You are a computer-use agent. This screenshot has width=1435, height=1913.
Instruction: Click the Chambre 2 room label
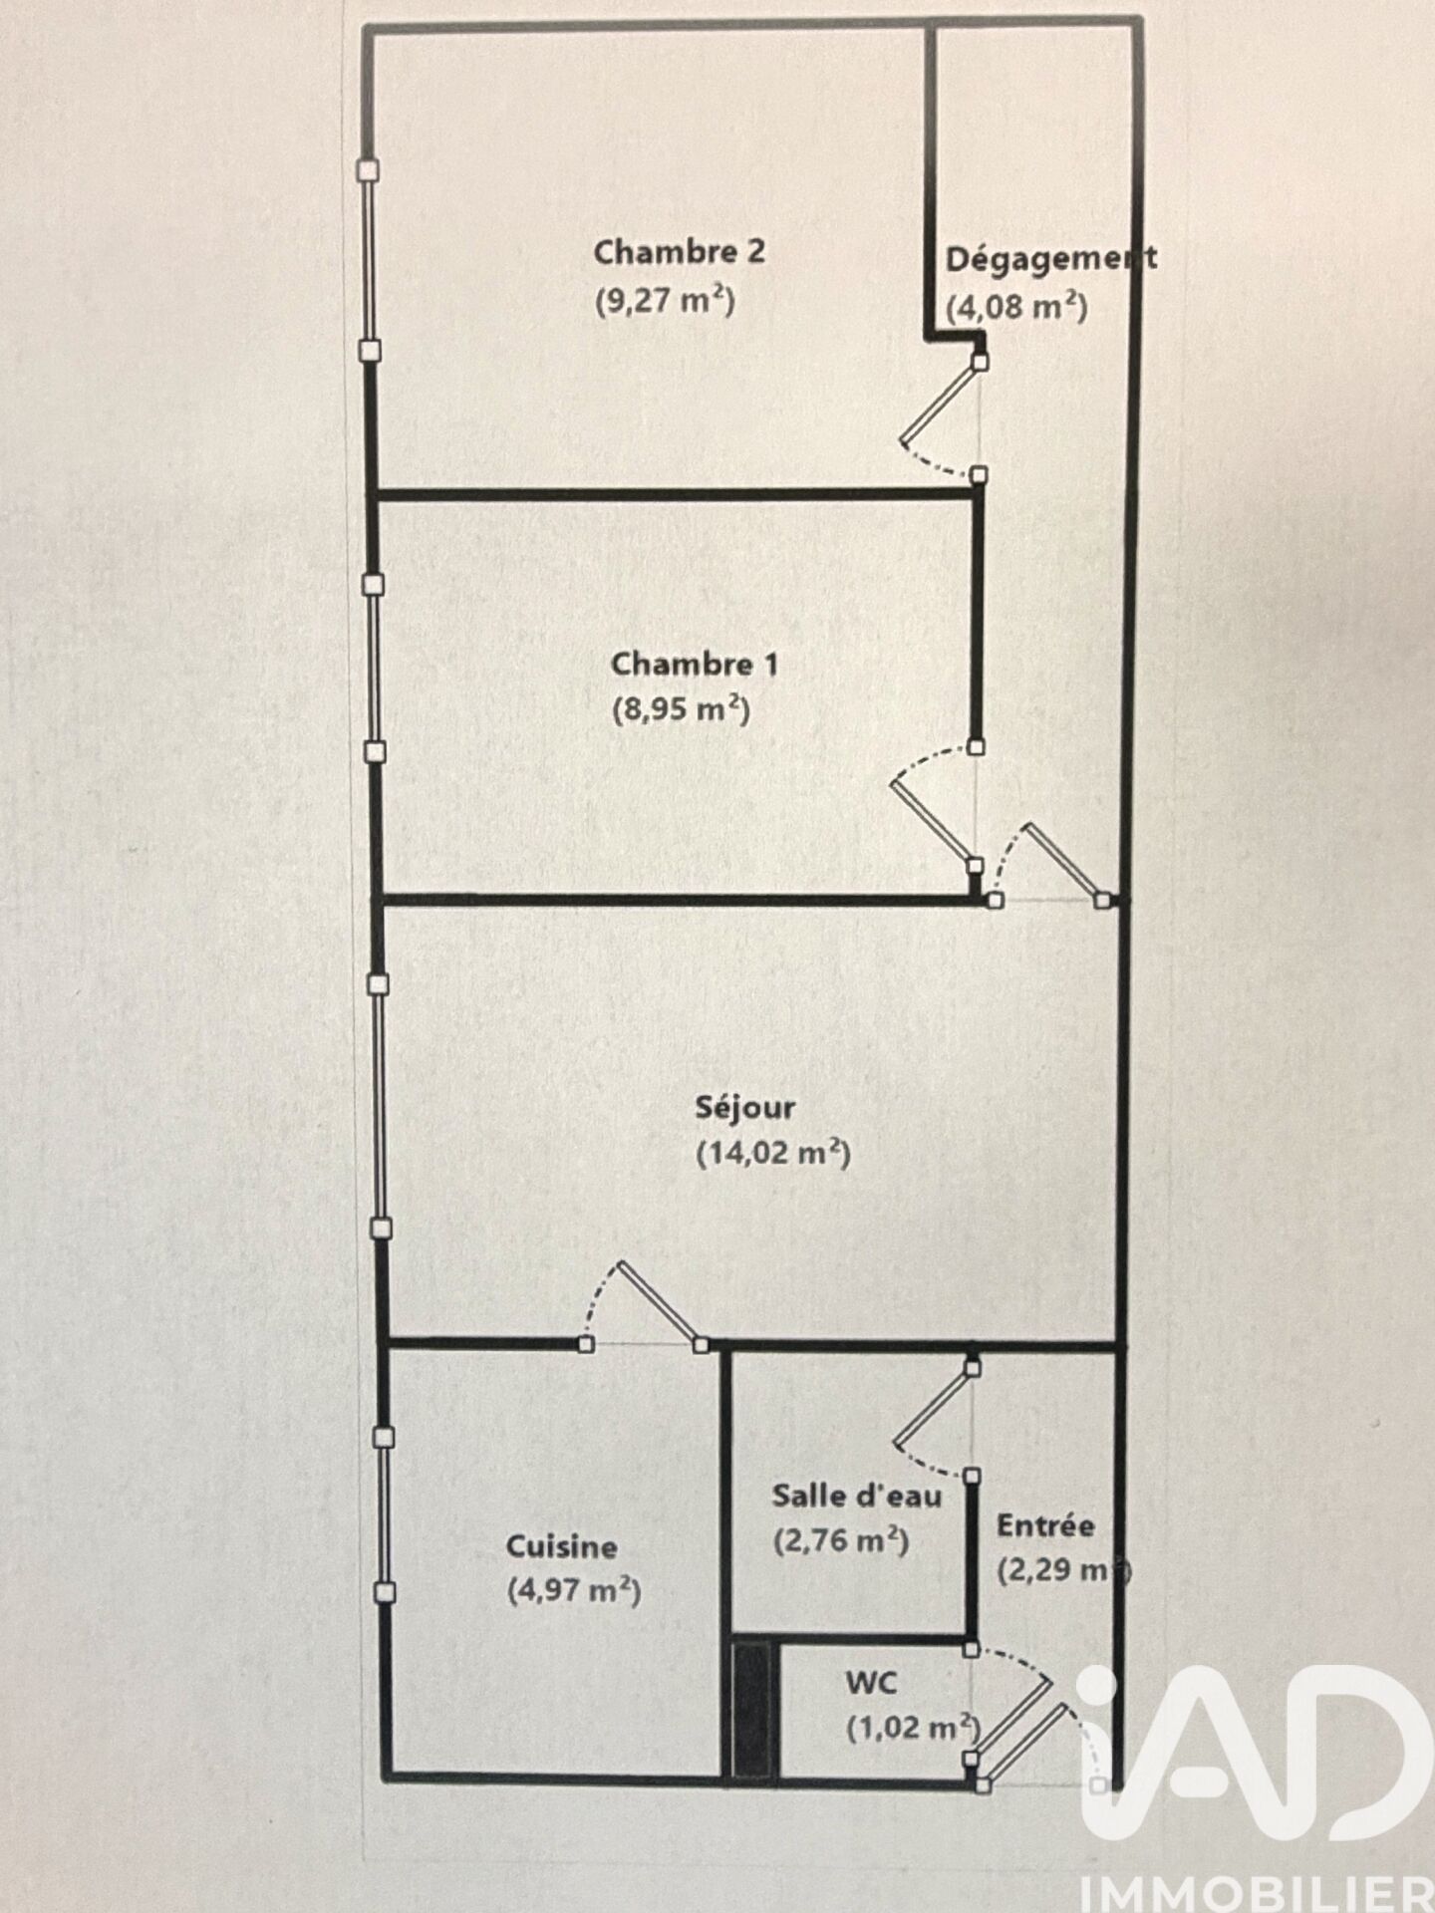[x=680, y=252]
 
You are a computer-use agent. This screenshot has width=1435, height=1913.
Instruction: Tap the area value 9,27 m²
[x=665, y=299]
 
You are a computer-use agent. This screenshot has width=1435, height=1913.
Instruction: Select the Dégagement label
[x=1051, y=259]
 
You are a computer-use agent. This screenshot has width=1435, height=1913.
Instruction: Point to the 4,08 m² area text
[x=1016, y=305]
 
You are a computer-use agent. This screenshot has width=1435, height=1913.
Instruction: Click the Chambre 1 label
[x=695, y=664]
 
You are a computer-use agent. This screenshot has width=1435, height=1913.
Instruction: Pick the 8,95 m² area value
[x=681, y=709]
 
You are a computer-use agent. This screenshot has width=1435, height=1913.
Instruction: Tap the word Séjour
[x=745, y=1108]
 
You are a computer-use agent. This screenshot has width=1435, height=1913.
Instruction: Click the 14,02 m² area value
[x=773, y=1153]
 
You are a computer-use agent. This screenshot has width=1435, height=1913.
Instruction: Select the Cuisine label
[x=562, y=1546]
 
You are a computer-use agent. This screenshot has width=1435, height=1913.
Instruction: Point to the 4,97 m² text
[x=574, y=1590]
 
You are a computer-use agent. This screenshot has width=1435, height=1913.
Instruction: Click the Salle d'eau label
[x=857, y=1495]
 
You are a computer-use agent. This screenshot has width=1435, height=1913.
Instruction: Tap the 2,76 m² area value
[x=841, y=1540]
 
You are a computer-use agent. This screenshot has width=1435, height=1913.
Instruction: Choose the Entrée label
[x=1045, y=1524]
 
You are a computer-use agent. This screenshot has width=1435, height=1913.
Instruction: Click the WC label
[x=871, y=1683]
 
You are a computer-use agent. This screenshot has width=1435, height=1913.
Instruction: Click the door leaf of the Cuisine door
[x=659, y=1302]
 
